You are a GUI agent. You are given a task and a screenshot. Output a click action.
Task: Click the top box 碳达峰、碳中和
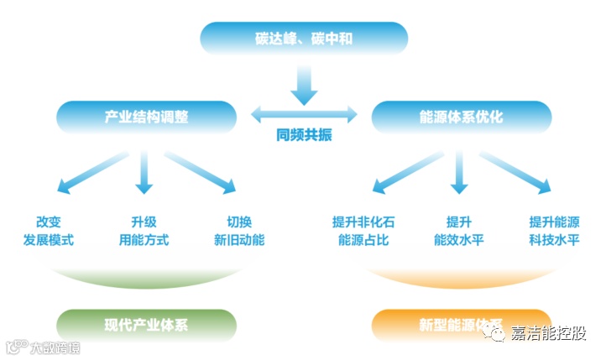point(303,39)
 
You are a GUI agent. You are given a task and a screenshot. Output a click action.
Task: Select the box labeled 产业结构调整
point(146,117)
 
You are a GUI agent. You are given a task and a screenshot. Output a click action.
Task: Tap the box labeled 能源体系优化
point(461,117)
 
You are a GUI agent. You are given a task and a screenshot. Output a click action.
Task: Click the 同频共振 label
point(304,135)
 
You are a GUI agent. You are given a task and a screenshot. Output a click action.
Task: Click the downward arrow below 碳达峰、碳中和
point(304,81)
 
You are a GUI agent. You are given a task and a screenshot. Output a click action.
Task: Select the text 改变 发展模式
point(49,231)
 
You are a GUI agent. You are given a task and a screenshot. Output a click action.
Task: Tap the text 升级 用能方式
point(144,231)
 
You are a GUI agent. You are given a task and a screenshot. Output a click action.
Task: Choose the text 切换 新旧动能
point(239,231)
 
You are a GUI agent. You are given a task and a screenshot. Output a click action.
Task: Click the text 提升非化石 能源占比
point(363,231)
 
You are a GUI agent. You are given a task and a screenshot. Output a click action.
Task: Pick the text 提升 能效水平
point(458,231)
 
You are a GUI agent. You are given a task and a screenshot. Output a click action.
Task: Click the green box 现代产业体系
point(146,325)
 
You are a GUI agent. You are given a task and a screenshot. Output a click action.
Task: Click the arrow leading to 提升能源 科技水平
point(516,174)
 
